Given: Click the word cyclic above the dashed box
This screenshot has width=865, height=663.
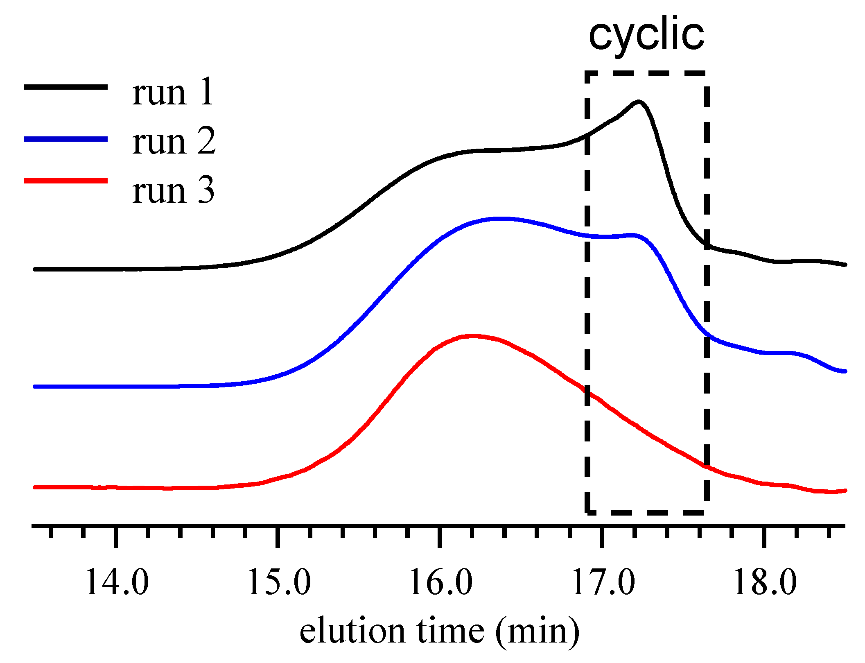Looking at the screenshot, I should pyautogui.click(x=646, y=35).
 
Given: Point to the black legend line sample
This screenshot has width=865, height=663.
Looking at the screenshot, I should pyautogui.click(x=65, y=87).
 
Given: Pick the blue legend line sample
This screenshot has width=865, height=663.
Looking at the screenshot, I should pyautogui.click(x=65, y=139).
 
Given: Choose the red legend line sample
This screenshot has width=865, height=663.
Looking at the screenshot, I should pyautogui.click(x=65, y=181).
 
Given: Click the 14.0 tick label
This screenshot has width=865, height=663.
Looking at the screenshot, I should pyautogui.click(x=116, y=583).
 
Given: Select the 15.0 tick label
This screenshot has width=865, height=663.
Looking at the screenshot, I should pyautogui.click(x=278, y=583).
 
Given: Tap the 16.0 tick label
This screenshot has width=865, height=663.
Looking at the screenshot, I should pyautogui.click(x=440, y=583).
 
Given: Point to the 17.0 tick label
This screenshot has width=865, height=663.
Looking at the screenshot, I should pyautogui.click(x=602, y=583).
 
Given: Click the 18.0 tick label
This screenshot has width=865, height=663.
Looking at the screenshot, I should pyautogui.click(x=764, y=583).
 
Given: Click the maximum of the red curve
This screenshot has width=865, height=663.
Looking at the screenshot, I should pyautogui.click(x=473, y=337).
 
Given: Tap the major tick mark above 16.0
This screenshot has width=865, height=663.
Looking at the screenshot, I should pyautogui.click(x=440, y=536).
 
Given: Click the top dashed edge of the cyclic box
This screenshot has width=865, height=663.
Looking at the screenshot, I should pyautogui.click(x=646, y=73).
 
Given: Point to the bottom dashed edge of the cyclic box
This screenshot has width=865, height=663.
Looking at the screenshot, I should pyautogui.click(x=646, y=512).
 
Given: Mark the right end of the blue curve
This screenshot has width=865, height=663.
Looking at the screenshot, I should pyautogui.click(x=844, y=371).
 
